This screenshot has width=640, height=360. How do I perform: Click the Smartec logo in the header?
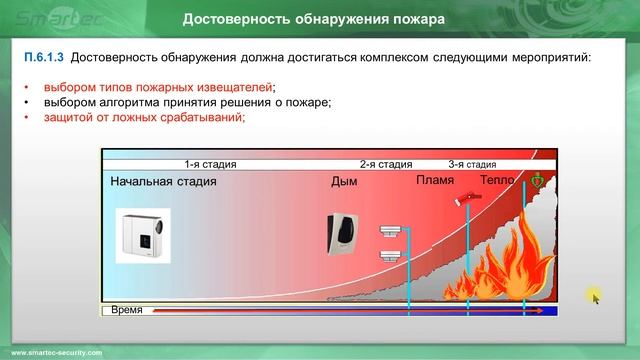tap(44, 19)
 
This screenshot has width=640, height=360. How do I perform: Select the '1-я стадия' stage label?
tap(211, 164)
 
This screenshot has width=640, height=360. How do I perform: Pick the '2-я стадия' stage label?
tap(386, 164)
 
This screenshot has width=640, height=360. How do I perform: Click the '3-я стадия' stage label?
tap(472, 164)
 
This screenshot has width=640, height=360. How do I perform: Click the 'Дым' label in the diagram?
tap(343, 182)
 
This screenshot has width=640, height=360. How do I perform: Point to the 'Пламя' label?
tap(434, 181)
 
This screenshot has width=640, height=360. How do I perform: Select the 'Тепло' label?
tap(497, 181)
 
